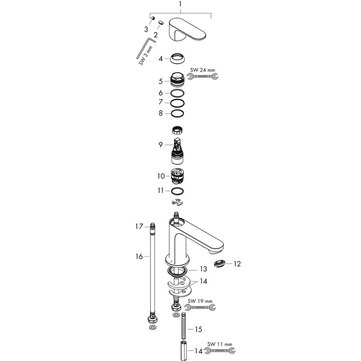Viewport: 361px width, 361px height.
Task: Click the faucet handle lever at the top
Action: [187, 29]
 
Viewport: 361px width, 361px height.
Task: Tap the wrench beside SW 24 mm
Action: [203, 76]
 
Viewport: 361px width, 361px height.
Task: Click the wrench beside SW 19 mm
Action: [200, 307]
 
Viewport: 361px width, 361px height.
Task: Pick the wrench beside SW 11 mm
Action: [220, 351]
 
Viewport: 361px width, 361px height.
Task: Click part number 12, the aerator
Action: [220, 264]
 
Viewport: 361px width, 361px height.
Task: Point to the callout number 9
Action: [160, 144]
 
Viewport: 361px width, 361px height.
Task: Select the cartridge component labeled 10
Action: [178, 176]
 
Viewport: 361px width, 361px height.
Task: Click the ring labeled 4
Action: [178, 59]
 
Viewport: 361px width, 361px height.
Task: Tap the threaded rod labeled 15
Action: [183, 326]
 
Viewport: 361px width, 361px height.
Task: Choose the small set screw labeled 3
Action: [153, 18]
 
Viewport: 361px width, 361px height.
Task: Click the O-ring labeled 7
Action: [177, 103]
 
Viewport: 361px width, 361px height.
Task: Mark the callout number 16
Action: [139, 256]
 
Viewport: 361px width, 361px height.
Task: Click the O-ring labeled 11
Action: [177, 191]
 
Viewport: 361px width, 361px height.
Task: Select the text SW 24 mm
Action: [203, 70]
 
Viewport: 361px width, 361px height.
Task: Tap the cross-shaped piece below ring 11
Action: [178, 202]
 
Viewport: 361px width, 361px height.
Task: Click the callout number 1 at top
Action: [180, 4]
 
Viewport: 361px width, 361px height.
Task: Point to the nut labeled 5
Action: [177, 80]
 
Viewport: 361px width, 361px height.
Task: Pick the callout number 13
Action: [203, 269]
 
